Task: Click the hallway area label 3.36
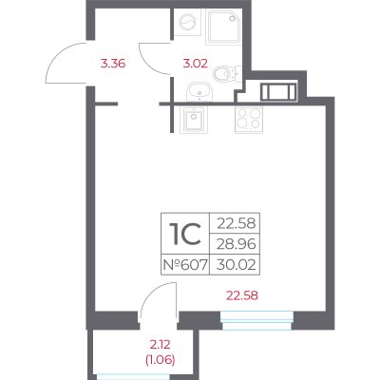point(113,64)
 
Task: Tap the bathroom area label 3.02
point(196,64)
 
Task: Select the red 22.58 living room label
point(242,295)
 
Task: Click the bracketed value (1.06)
point(160,360)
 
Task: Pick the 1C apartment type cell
point(185,234)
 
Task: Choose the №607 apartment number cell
point(185,264)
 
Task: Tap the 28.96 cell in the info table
point(237,244)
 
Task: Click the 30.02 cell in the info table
point(237,264)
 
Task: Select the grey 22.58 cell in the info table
point(237,223)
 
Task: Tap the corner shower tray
point(223,27)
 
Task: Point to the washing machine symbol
point(187,22)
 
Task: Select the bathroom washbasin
point(199,92)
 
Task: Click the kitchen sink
point(194,120)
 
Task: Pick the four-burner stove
point(249,120)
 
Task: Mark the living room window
point(256,320)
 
